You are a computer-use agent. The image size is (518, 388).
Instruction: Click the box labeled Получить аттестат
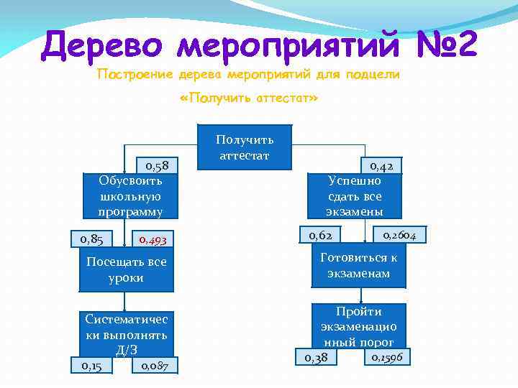click(x=245, y=146)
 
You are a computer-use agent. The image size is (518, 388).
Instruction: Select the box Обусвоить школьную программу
click(x=130, y=195)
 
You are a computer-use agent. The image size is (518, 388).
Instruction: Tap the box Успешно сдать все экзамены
click(x=355, y=195)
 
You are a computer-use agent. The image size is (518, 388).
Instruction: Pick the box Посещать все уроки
click(x=127, y=269)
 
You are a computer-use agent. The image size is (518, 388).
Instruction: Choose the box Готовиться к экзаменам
click(x=358, y=266)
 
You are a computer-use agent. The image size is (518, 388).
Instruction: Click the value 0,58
click(x=158, y=165)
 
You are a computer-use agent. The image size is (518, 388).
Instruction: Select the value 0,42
click(x=381, y=166)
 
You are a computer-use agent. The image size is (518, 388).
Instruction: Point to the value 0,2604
click(x=404, y=234)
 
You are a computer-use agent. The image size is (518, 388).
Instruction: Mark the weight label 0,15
click(x=91, y=366)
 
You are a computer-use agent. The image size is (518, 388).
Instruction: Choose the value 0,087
click(x=155, y=366)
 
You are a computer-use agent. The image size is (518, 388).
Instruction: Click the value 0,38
click(x=317, y=357)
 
